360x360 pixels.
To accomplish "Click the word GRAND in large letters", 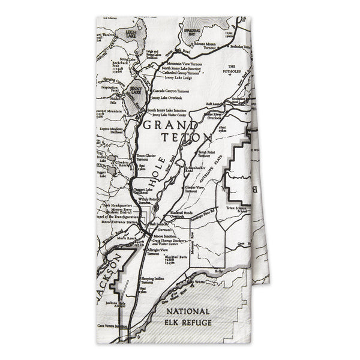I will tap(170, 125).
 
